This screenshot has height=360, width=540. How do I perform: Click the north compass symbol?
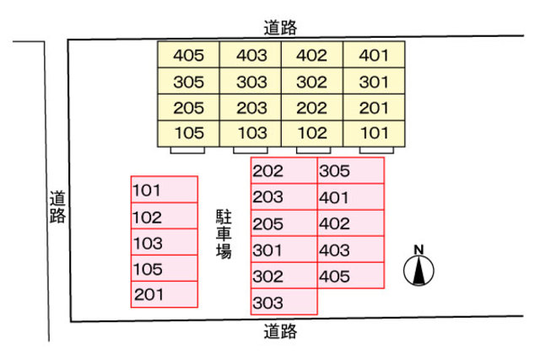(419, 271)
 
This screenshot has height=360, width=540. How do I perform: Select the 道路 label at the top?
(280, 28)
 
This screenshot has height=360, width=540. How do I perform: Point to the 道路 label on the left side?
(57, 207)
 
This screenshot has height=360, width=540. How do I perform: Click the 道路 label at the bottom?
(280, 331)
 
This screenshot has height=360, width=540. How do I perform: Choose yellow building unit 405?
(189, 56)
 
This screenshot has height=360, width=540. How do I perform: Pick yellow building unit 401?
(374, 56)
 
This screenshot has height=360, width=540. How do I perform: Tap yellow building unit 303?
(251, 83)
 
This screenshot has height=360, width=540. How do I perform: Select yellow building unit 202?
(312, 108)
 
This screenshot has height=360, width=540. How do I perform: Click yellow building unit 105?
(189, 133)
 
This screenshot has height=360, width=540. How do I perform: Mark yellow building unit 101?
(374, 133)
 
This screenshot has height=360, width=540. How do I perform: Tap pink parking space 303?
(283, 302)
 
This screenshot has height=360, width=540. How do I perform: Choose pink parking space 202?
(283, 171)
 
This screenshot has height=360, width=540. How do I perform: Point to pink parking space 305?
(350, 171)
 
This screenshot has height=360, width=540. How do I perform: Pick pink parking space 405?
(350, 276)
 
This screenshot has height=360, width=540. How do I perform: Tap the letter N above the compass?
(419, 250)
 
